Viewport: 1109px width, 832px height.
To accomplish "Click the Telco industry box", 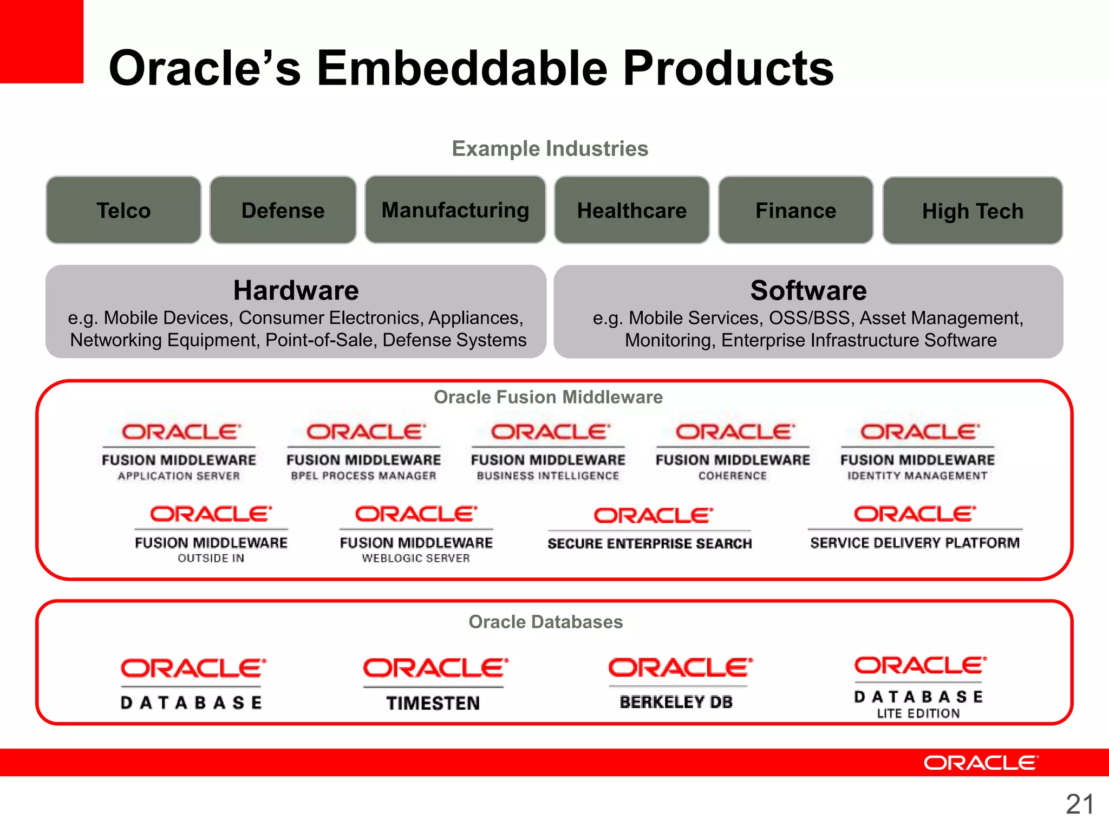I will [123, 210].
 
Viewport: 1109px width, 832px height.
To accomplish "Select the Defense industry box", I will [283, 210].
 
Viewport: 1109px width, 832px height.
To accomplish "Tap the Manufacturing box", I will [455, 210].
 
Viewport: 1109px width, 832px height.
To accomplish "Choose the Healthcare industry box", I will [631, 210].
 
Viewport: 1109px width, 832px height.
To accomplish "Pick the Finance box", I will [795, 210].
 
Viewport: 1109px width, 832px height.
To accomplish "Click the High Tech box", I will [973, 211].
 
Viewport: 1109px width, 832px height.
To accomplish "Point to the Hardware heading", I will [296, 290].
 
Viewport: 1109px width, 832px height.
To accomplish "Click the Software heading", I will [808, 290].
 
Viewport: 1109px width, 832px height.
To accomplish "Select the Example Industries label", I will [550, 148].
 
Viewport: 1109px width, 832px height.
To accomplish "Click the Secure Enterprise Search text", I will [649, 543].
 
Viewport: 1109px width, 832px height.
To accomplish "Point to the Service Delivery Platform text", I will [915, 543].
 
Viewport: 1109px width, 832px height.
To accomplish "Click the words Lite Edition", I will [918, 713].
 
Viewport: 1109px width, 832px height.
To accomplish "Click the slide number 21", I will [1079, 804].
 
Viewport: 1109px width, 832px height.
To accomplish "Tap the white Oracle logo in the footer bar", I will [981, 763].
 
